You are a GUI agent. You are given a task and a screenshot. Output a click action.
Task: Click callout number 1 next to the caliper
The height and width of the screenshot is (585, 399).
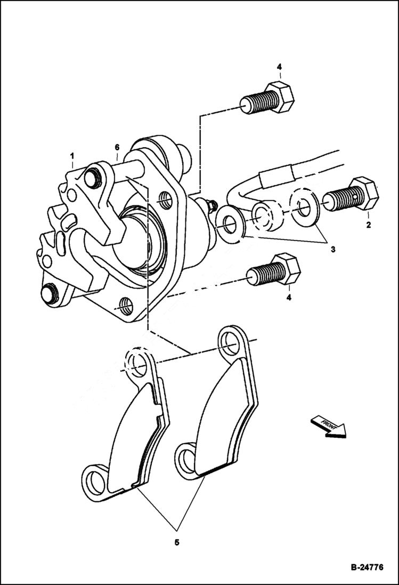pos(71,155)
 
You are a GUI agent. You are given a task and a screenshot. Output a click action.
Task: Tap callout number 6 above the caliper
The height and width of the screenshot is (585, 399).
pos(117,147)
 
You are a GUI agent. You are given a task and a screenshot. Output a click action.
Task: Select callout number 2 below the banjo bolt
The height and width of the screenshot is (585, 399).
pos(368,225)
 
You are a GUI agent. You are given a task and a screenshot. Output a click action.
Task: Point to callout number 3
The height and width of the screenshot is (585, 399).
pos(332,249)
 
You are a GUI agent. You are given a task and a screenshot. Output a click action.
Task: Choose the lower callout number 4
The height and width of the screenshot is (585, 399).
pos(289,298)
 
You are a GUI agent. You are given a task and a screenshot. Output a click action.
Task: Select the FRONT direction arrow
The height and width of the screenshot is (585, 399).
pos(327,426)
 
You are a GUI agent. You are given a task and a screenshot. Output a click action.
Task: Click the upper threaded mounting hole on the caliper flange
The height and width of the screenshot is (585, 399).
pos(166,198)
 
